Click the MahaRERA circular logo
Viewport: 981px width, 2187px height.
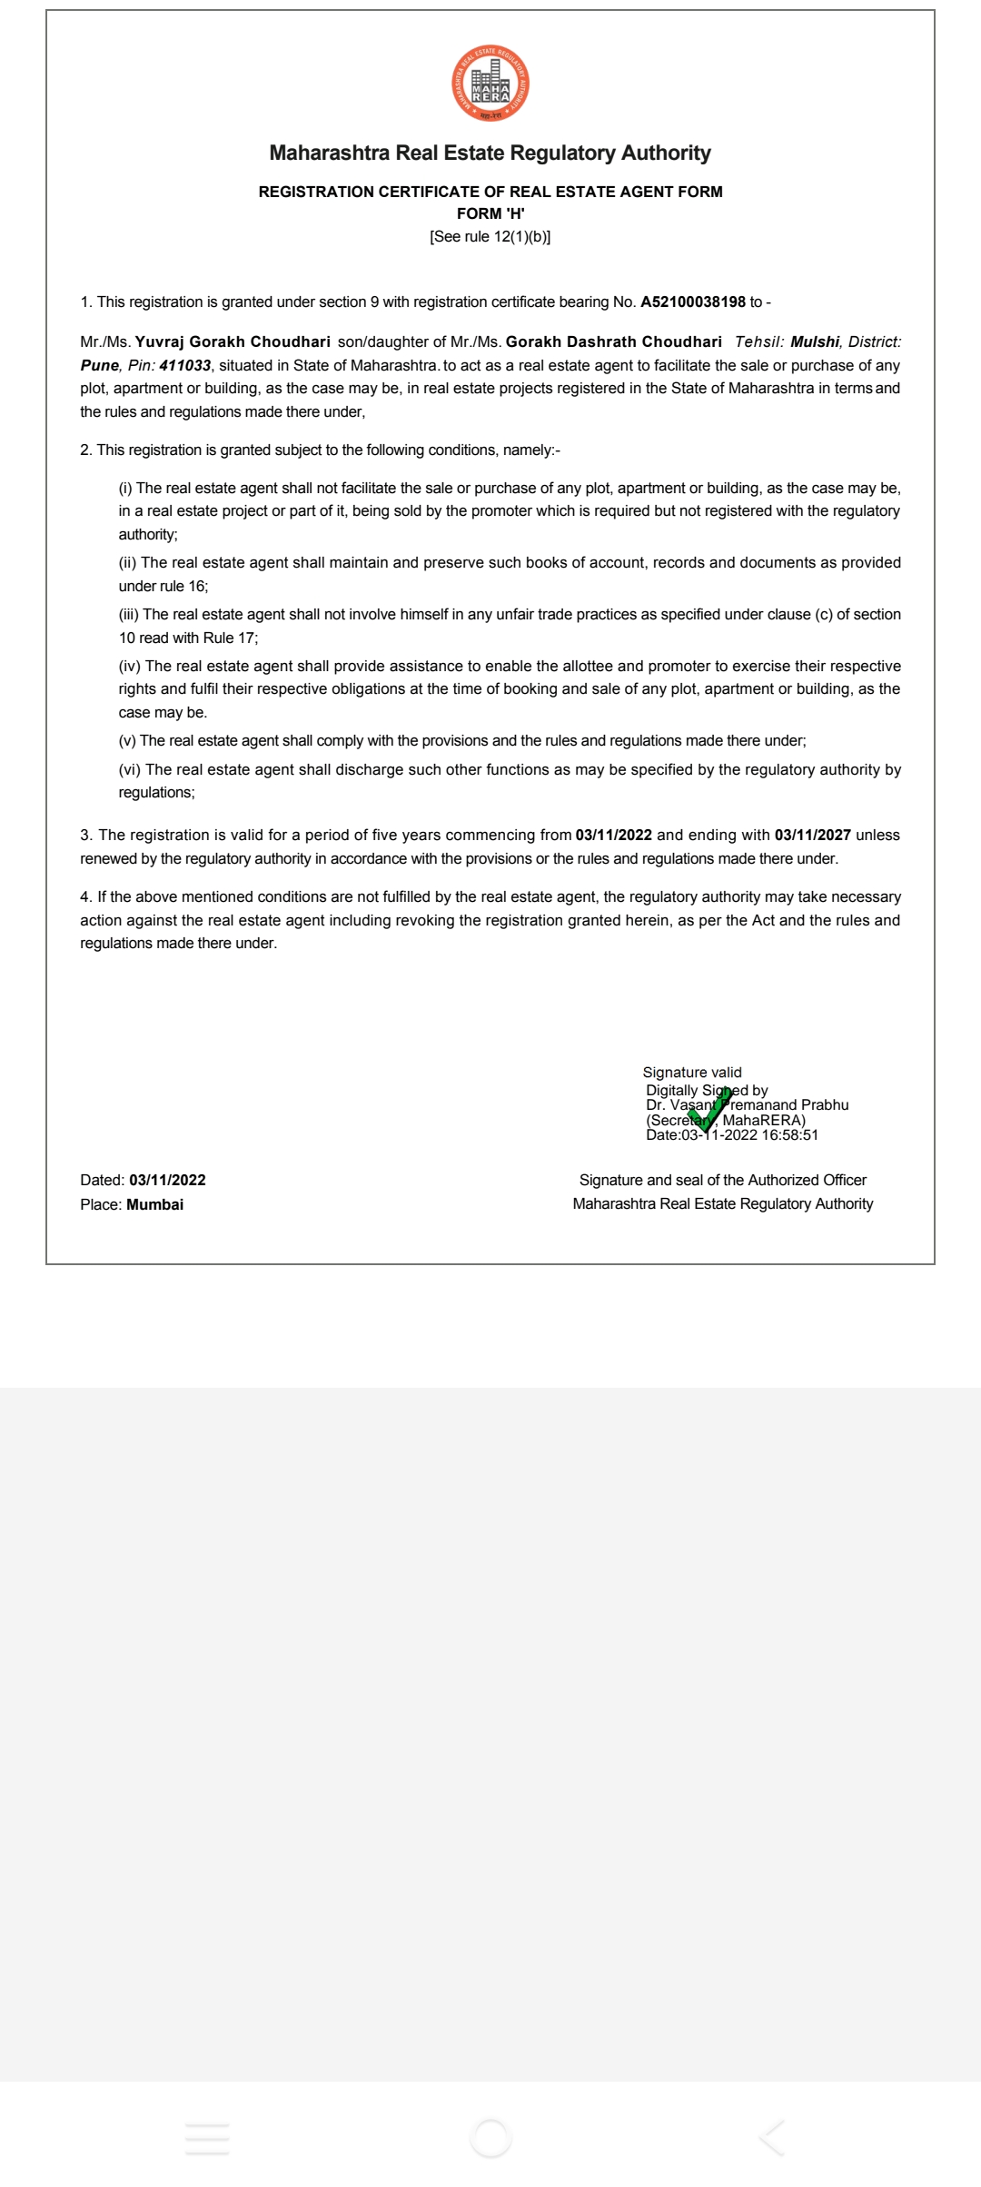tap(490, 84)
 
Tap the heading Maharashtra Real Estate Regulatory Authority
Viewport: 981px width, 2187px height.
tap(490, 153)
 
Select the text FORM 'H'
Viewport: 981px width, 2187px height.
tap(490, 213)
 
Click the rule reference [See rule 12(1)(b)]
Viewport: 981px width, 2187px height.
tap(490, 237)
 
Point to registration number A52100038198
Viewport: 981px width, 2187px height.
tap(693, 302)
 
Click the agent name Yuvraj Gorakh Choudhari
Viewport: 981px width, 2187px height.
tap(233, 342)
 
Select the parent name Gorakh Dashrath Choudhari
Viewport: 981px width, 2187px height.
tap(613, 342)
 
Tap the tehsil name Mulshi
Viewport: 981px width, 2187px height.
tap(815, 342)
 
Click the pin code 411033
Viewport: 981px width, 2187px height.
tap(185, 365)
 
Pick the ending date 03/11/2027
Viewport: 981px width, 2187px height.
tap(812, 835)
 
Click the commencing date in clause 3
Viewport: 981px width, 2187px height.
tap(613, 835)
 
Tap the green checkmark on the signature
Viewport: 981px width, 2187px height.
tap(709, 1109)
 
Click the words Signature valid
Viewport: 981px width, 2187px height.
tap(692, 1073)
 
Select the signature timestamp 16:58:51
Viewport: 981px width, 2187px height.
tap(790, 1135)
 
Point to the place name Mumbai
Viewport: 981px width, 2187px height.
tap(154, 1204)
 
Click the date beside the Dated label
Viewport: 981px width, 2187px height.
tap(167, 1180)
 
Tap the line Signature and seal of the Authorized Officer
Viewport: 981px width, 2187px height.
tap(723, 1180)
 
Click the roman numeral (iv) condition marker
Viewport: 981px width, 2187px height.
tap(130, 666)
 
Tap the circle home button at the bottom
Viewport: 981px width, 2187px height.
tap(490, 2138)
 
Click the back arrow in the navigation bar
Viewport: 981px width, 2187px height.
tap(772, 2138)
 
